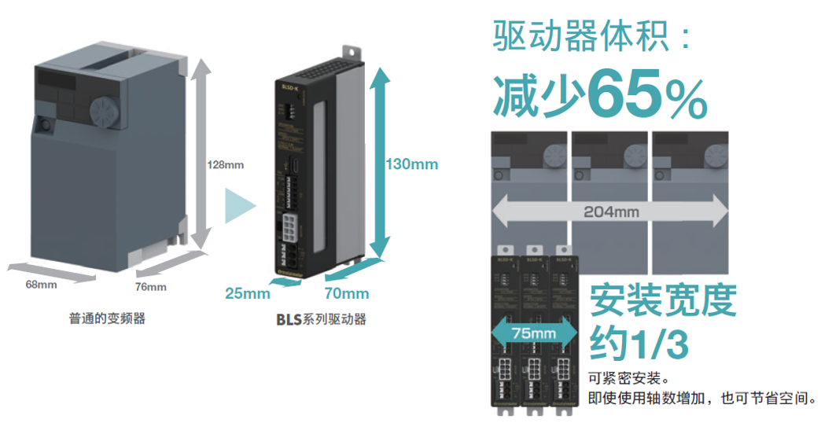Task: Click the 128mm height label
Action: coord(226,165)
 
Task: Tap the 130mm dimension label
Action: coord(411,164)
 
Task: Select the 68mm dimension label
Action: coord(42,285)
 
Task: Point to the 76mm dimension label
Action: coord(151,287)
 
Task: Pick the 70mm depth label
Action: coord(346,294)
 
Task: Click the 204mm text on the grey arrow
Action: coord(611,212)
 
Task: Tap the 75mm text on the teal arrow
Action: coord(533,333)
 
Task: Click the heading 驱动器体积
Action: coord(582,37)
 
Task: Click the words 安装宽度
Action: coord(662,300)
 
